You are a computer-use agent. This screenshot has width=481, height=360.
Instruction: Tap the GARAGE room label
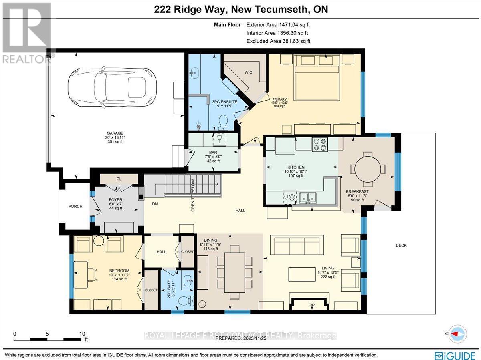pos(115,134)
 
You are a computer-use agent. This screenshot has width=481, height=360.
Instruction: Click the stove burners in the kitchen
pos(320,144)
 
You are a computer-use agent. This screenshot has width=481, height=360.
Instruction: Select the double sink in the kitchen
pos(308,197)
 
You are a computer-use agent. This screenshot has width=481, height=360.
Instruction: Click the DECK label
pos(401,245)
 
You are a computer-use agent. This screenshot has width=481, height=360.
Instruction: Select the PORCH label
pos(75,207)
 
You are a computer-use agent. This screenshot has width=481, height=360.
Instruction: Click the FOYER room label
pos(115,200)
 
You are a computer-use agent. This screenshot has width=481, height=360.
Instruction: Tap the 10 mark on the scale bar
pos(82,334)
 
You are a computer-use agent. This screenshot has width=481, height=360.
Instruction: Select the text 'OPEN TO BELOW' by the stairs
pos(193,195)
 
